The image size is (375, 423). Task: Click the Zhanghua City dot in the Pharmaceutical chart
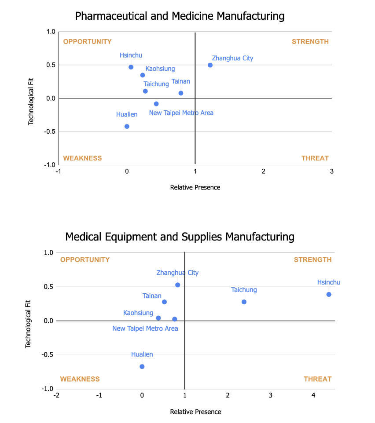[x=210, y=65]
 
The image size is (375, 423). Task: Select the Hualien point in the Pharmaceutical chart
[x=127, y=126]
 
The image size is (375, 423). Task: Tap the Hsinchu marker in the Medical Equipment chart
[x=329, y=294]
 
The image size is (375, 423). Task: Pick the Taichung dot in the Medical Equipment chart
[x=244, y=302]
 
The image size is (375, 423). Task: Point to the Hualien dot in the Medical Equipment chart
[x=142, y=366]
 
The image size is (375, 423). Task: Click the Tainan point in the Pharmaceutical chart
[x=181, y=93]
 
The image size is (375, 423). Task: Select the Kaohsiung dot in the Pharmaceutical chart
[x=143, y=75]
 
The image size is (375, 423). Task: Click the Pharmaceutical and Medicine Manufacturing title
[x=180, y=16]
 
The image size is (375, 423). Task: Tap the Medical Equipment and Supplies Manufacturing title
[x=180, y=237]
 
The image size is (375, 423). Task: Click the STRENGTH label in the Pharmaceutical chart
[x=310, y=42]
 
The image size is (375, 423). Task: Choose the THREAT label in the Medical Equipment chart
[x=317, y=379]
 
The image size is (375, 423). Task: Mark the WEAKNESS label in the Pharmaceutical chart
[x=82, y=158]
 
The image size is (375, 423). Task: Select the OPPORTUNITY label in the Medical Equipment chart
[x=85, y=259]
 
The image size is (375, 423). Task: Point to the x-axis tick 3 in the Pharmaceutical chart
[x=331, y=171]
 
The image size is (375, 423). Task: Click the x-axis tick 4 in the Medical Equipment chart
[x=313, y=396]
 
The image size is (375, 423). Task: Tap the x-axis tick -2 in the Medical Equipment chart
[x=56, y=396]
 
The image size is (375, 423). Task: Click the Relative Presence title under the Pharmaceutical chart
[x=195, y=187]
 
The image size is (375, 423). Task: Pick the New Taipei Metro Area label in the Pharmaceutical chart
[x=181, y=113]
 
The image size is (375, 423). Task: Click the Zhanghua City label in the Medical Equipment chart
[x=177, y=273]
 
